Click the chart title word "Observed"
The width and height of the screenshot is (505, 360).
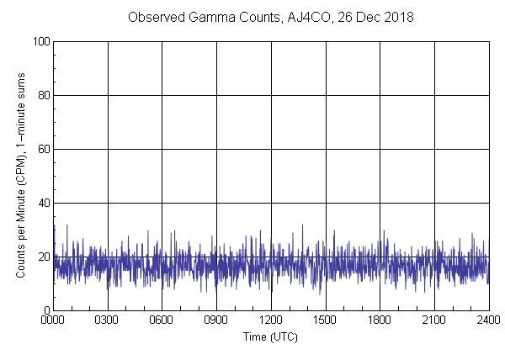(x=153, y=17)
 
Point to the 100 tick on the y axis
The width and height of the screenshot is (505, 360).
(x=40, y=41)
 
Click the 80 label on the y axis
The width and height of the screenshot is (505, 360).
(x=42, y=95)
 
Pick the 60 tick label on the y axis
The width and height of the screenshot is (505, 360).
(x=42, y=149)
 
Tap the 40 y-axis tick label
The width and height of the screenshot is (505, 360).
(x=42, y=203)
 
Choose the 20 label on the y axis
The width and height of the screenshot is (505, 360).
(x=42, y=257)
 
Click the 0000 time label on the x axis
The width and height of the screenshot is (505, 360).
(x=53, y=320)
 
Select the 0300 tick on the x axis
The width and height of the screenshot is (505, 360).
(x=108, y=320)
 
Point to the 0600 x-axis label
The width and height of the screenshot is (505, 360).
(x=162, y=320)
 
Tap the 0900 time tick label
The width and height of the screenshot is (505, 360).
(x=216, y=320)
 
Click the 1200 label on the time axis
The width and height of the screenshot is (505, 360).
(x=271, y=320)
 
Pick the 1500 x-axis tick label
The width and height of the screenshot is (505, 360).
(x=326, y=320)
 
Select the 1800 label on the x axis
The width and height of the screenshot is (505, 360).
(x=380, y=320)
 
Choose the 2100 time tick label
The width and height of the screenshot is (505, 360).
(x=434, y=320)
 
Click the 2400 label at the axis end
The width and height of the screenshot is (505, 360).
(x=488, y=320)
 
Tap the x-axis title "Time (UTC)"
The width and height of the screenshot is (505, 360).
(x=270, y=336)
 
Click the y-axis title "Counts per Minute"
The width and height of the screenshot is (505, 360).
(x=20, y=202)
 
